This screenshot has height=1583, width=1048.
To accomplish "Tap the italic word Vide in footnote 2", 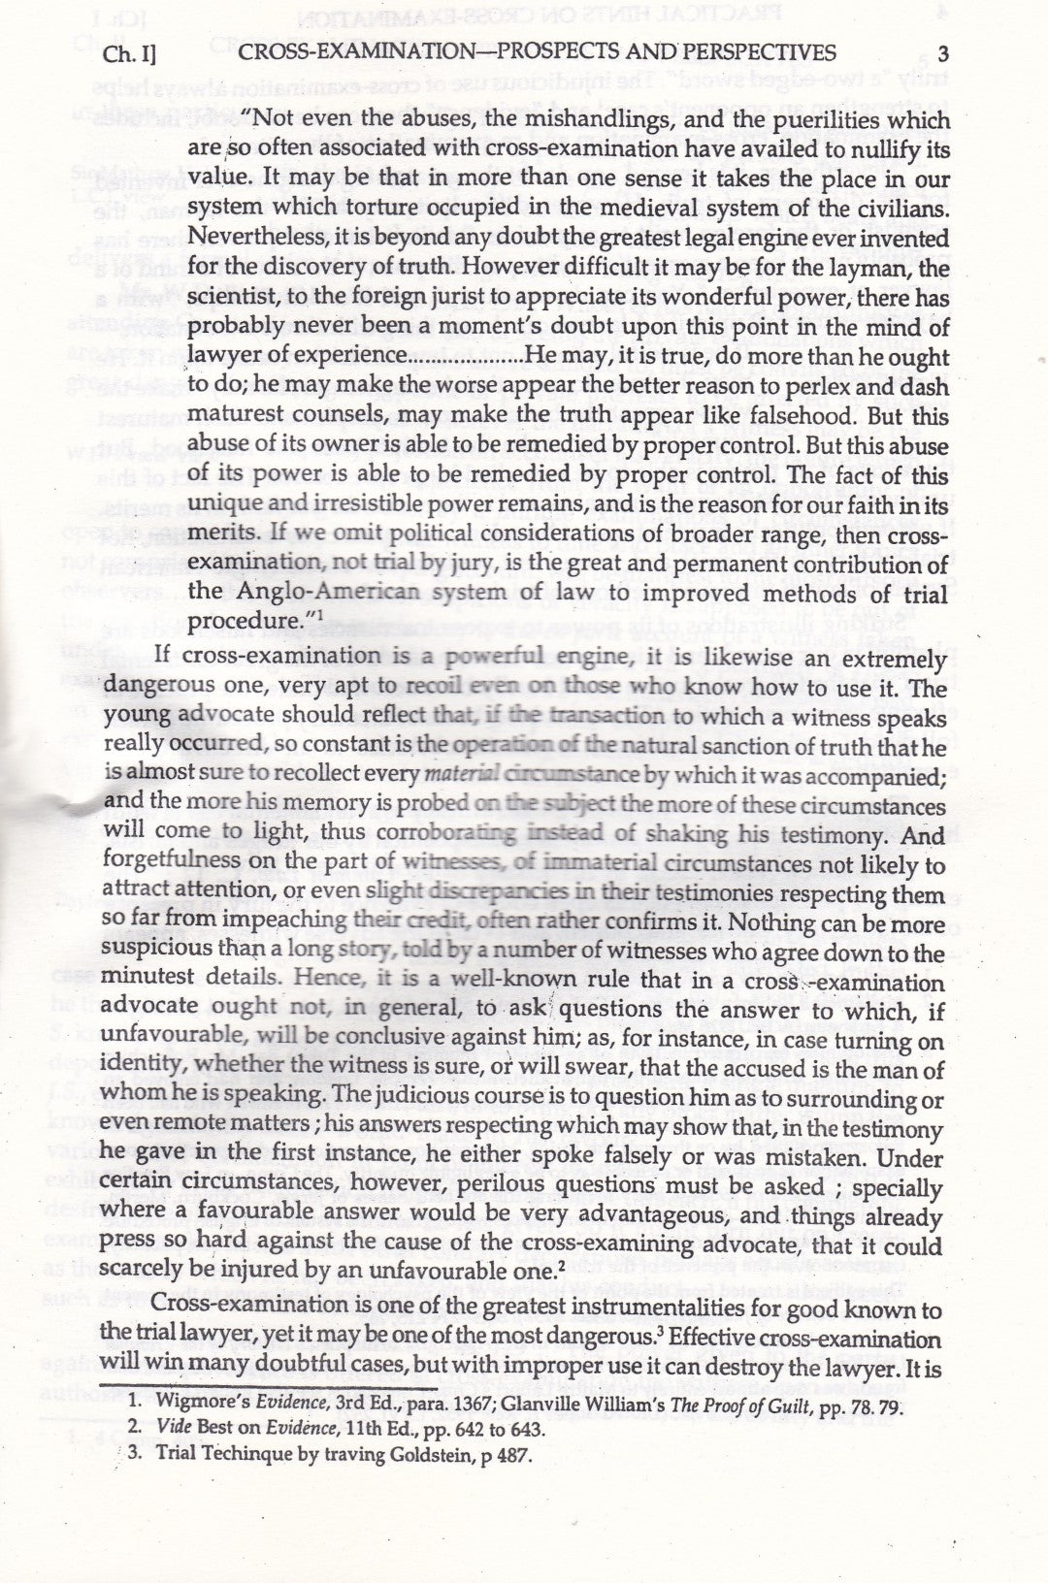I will pyautogui.click(x=175, y=1429).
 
